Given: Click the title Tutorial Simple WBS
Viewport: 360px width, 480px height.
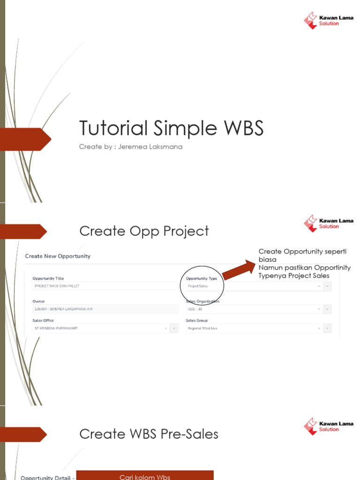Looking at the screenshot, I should click(x=171, y=128).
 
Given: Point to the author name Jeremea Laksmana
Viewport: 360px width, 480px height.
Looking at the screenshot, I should click(x=150, y=147).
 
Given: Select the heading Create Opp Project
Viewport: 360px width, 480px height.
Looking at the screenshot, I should click(x=144, y=231).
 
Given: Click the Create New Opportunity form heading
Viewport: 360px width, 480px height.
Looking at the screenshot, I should click(x=58, y=256).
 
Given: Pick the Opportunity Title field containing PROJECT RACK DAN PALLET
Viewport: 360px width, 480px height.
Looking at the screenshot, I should click(x=105, y=286).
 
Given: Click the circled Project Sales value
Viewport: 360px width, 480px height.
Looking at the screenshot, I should click(x=198, y=286).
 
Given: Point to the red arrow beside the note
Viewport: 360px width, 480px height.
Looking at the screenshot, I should click(x=239, y=271).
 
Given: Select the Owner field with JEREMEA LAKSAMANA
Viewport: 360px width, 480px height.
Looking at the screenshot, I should click(x=105, y=309).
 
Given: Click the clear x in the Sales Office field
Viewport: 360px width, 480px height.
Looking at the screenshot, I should click(x=165, y=329).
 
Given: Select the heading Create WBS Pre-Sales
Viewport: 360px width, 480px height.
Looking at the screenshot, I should click(x=149, y=434).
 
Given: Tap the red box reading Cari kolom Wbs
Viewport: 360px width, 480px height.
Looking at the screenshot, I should click(x=144, y=475).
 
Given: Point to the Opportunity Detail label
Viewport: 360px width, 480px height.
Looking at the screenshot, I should click(x=47, y=477).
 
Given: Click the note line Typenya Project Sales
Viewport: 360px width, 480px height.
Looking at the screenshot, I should click(x=294, y=276).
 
